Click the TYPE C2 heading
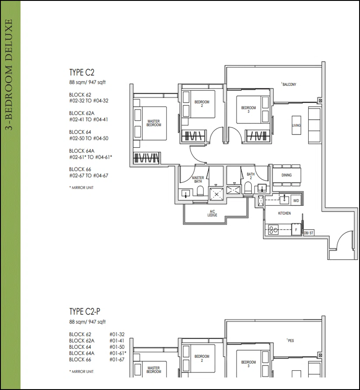click(81, 72)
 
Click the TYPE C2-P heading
click(85, 312)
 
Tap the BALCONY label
click(289, 84)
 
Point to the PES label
click(290, 340)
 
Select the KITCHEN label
click(284, 213)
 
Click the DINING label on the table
click(286, 175)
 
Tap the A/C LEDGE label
click(212, 213)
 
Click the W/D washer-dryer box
click(296, 200)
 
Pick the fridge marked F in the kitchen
click(296, 230)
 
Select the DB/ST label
click(308, 233)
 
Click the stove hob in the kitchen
click(273, 230)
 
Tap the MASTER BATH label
click(198, 179)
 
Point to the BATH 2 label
click(251, 176)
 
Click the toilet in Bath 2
click(248, 188)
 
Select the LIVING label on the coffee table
click(296, 125)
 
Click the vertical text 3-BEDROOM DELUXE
click(9, 74)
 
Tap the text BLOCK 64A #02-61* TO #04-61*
click(91, 154)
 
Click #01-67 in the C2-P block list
click(117, 359)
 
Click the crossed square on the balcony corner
click(320, 101)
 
